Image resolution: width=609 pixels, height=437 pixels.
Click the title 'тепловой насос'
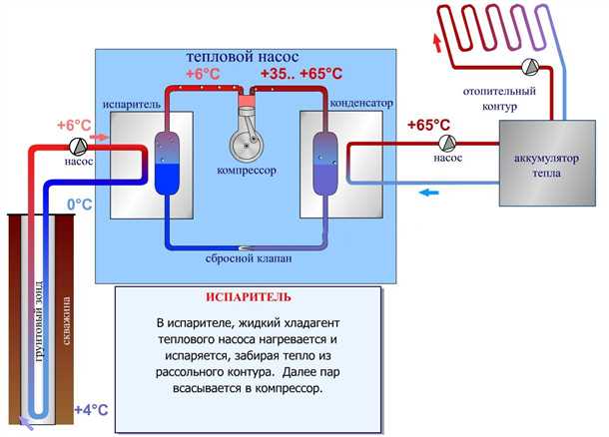(x=242, y=58)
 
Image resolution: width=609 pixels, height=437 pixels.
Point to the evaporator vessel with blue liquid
(x=167, y=163)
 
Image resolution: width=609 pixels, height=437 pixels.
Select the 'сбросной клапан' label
(x=246, y=259)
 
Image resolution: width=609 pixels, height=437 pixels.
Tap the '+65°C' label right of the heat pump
(x=429, y=126)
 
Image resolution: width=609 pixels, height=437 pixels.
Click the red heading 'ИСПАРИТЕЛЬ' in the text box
(x=236, y=298)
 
